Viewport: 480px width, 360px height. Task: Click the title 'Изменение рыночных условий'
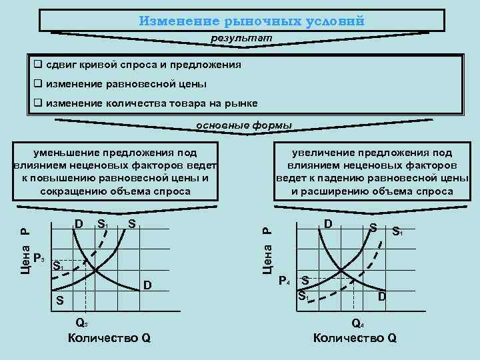tap(252, 20)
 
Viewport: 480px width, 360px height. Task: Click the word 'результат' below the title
tap(242, 39)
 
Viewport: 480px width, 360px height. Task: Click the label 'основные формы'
tap(243, 125)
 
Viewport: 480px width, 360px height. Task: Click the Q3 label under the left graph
tap(81, 323)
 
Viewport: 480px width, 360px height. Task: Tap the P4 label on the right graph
tap(284, 280)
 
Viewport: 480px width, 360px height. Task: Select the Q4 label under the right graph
tap(357, 323)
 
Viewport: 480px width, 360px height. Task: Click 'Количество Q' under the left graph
tap(109, 338)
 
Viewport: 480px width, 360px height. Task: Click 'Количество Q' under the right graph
tap(355, 338)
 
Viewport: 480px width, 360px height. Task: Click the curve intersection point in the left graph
tap(95, 269)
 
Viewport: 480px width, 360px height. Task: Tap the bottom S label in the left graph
tap(59, 301)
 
